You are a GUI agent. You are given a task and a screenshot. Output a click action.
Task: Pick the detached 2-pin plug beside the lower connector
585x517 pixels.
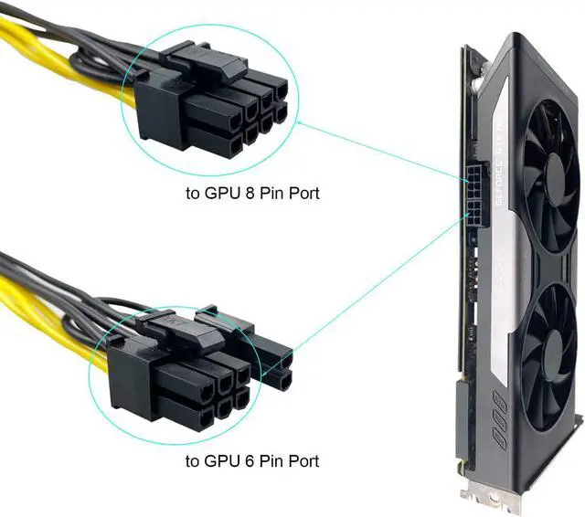pos(271,361)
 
